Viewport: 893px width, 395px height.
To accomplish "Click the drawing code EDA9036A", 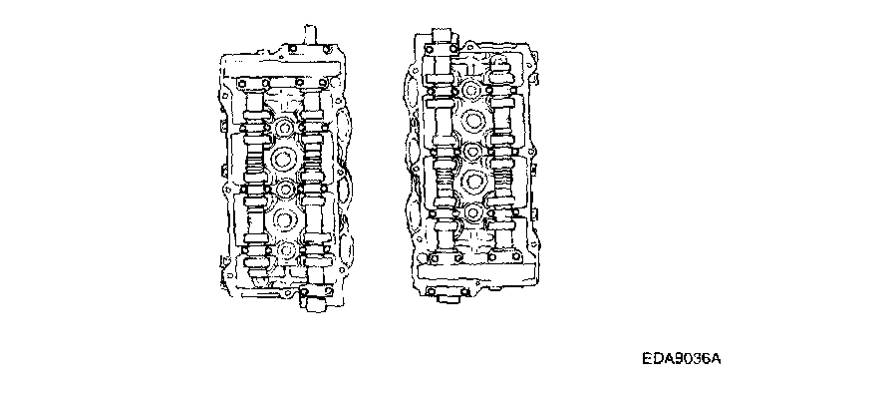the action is (681, 360).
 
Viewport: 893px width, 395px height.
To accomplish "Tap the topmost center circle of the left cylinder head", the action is (283, 128).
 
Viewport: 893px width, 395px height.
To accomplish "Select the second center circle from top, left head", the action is (283, 159).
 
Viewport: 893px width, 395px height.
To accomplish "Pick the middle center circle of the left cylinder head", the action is (283, 189).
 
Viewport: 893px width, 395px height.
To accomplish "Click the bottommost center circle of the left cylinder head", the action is (285, 249).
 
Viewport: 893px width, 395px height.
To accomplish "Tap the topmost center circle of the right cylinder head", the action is (471, 90).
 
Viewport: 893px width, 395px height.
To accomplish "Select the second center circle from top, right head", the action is (472, 120).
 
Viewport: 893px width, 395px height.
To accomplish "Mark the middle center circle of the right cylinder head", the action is (472, 151).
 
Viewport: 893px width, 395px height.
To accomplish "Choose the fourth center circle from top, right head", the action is (472, 182).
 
